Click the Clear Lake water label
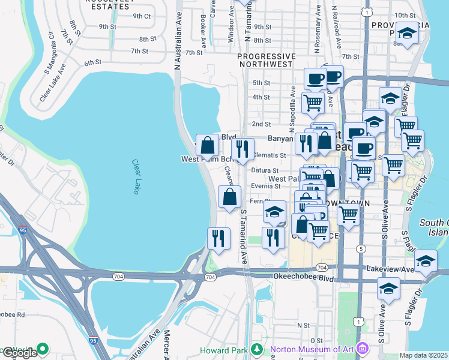135,176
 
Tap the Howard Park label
228,350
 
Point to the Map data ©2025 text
424,355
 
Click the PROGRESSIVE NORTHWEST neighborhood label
266,61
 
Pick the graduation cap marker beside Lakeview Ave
426,262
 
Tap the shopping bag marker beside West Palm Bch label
207,145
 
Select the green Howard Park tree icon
256,349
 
